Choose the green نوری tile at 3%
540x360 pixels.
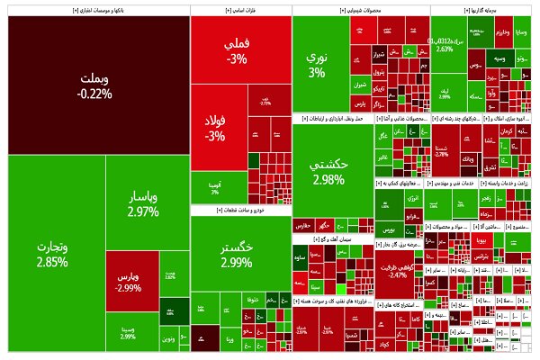316,63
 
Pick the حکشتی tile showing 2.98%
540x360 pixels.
328,171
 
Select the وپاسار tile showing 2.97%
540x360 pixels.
143,202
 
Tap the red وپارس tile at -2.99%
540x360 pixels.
130,279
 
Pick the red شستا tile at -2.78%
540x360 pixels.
441,149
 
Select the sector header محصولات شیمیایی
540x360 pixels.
360,11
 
